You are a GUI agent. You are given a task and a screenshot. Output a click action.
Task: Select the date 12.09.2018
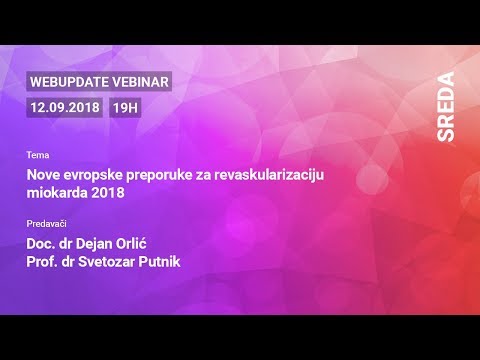[66, 106]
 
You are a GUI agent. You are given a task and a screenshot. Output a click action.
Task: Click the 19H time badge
[125, 106]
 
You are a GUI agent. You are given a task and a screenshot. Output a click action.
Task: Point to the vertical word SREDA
[445, 105]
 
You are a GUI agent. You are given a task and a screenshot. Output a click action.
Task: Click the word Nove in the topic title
[45, 175]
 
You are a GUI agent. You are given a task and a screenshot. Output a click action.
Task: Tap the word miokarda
[59, 193]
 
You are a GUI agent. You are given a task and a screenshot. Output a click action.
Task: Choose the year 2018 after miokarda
[110, 193]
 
